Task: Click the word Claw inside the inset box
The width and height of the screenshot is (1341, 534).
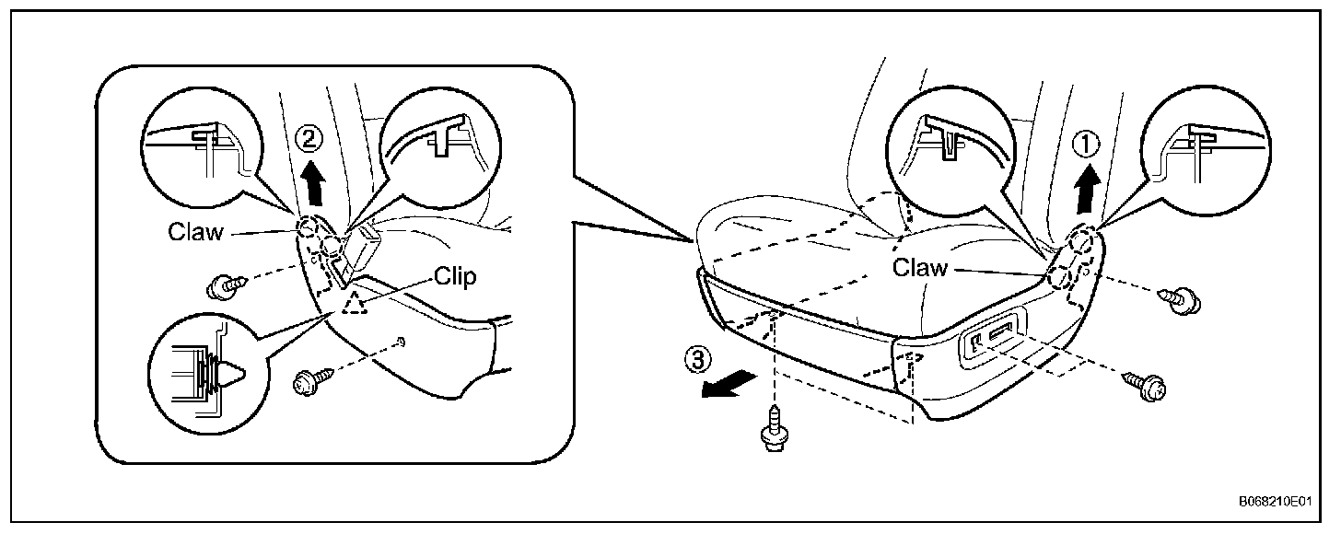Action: tap(195, 232)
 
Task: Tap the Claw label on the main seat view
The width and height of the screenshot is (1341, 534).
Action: tap(919, 268)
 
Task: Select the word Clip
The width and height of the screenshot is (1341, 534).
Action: tap(455, 277)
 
